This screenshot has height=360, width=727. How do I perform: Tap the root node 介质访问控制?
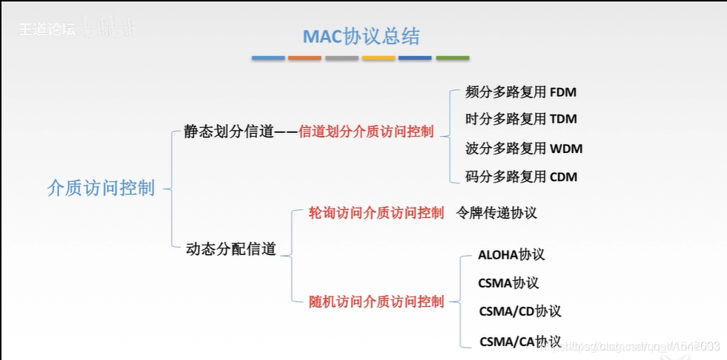coord(101,188)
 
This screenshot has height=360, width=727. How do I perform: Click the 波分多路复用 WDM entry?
coord(524,149)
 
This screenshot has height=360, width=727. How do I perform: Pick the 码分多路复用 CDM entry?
coord(521,177)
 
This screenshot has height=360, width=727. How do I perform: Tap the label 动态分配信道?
coord(231,249)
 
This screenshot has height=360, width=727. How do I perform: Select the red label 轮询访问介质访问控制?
coord(376,213)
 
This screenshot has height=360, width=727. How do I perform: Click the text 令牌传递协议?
coord(496,213)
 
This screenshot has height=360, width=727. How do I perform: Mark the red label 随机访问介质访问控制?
coord(376,301)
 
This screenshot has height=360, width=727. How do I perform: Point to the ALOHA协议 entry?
coord(511,255)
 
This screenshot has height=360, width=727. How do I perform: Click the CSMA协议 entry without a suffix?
coord(508,283)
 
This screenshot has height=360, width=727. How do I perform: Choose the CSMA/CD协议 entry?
coord(520,311)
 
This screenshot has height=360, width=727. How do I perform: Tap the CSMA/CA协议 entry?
coord(520,342)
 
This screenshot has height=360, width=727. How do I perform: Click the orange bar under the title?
coord(304,58)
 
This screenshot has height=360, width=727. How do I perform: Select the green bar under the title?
coord(452,58)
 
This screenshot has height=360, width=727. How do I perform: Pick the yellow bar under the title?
coord(378,58)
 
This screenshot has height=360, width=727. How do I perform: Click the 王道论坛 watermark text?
coord(47,31)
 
